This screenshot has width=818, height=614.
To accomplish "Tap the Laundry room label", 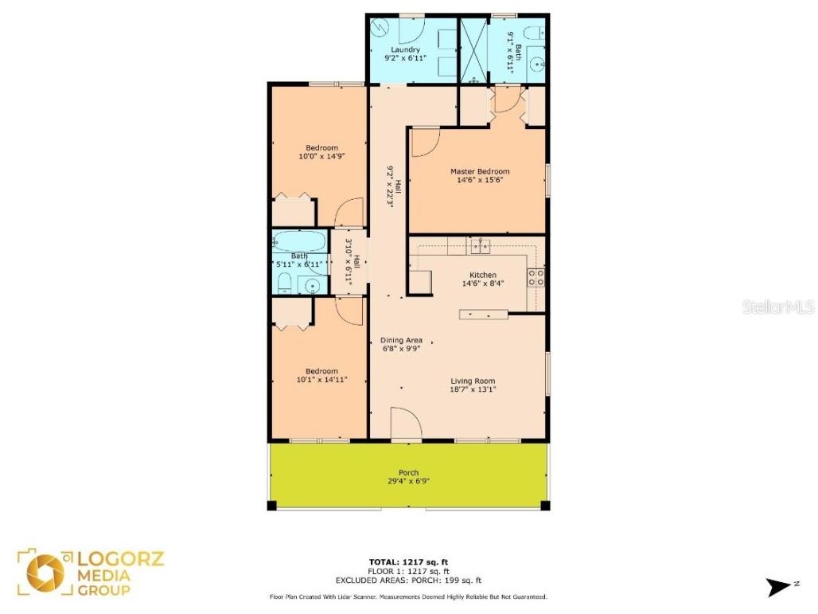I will pos(405,49).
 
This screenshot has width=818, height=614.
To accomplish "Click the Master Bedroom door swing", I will pos(423,142).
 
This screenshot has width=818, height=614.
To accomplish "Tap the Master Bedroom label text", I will pos(480,171).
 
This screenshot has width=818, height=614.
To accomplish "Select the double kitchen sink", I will pos(480,248).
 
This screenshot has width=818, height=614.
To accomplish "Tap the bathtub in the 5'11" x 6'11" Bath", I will pos(298,241).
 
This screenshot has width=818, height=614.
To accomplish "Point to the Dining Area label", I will pos(401,340).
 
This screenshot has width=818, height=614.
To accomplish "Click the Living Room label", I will pos(473,381).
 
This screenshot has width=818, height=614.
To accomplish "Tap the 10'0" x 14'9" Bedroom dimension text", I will pos(322,156).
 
